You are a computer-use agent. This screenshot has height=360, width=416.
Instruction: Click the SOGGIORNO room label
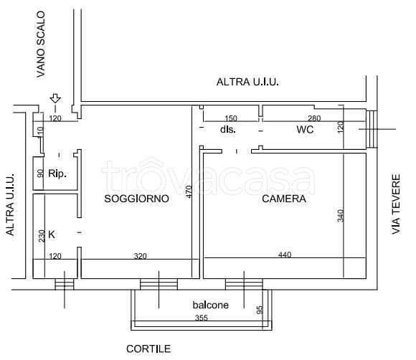(x=136, y=199)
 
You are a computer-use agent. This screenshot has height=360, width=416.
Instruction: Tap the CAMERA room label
(x=284, y=199)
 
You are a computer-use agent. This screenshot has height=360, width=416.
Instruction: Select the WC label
(x=306, y=130)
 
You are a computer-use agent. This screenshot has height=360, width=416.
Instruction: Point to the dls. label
(x=228, y=130)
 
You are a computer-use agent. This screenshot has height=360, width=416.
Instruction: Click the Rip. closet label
(x=57, y=173)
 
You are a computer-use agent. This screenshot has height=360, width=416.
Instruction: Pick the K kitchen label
(x=52, y=233)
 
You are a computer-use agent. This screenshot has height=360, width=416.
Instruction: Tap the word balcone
(x=210, y=305)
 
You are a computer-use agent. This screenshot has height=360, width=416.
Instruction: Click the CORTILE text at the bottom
(x=148, y=349)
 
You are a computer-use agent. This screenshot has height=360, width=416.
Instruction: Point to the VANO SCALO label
(x=41, y=43)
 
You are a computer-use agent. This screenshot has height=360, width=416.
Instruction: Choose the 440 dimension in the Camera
(x=284, y=254)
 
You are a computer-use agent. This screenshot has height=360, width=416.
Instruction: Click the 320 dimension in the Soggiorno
(x=141, y=255)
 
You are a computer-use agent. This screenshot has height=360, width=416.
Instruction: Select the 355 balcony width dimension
(x=201, y=318)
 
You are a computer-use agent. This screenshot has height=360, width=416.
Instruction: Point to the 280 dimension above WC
(x=313, y=118)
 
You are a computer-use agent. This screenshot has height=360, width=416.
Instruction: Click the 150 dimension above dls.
(x=230, y=118)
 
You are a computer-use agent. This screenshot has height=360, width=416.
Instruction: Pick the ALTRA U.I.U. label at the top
(x=247, y=82)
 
